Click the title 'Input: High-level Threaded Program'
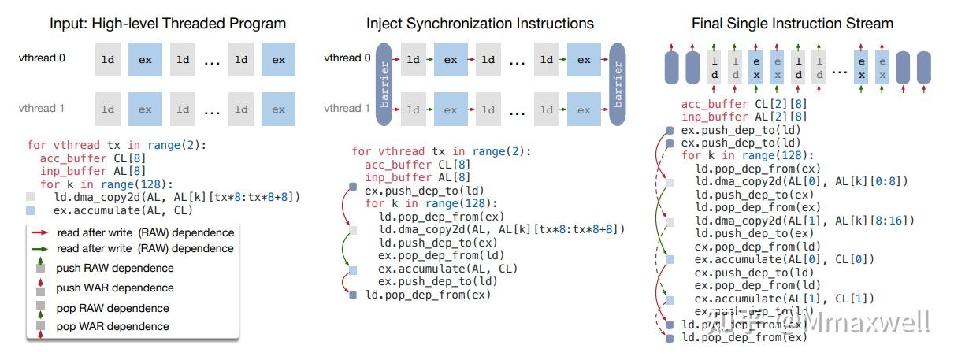156,23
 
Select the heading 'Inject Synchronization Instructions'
480,23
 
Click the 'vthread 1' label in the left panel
42,109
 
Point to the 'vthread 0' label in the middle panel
347,58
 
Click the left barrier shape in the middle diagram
384,84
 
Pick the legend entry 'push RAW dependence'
115,269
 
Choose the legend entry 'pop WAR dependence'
113,326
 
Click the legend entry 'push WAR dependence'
115,288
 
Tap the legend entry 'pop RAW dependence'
113,308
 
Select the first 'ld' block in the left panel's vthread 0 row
108,59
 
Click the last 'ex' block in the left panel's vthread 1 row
278,109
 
